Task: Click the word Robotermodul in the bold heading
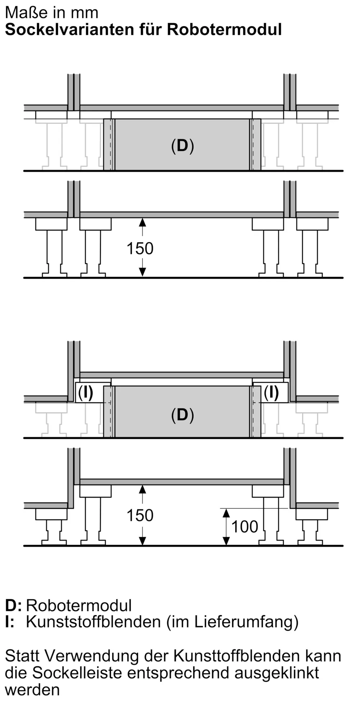(x=224, y=30)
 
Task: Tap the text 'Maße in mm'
(x=52, y=13)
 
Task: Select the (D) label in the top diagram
(x=183, y=146)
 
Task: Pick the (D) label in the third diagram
(x=183, y=415)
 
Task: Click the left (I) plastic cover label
(x=86, y=392)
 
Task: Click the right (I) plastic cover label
(x=271, y=392)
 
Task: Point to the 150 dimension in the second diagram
(x=140, y=248)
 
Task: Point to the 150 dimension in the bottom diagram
(x=140, y=516)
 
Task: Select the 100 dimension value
(x=245, y=527)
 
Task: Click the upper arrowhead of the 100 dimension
(x=226, y=513)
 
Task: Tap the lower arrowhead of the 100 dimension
(x=226, y=541)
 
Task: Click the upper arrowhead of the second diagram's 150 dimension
(x=143, y=222)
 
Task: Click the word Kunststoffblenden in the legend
(x=93, y=622)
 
